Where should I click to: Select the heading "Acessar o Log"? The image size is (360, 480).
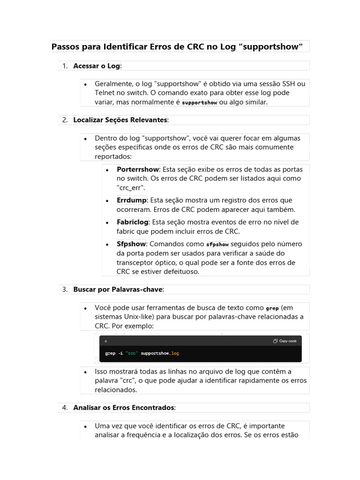click(x=97, y=66)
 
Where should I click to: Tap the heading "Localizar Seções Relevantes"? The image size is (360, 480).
click(x=120, y=120)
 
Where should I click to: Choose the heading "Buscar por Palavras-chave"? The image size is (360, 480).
click(x=118, y=290)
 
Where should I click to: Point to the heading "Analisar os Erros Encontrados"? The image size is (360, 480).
click(x=124, y=408)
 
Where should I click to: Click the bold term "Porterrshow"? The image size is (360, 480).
click(x=138, y=169)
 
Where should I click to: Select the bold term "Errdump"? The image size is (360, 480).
click(x=131, y=200)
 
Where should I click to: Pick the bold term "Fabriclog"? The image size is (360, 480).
click(x=132, y=222)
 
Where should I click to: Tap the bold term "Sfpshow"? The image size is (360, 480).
click(x=131, y=244)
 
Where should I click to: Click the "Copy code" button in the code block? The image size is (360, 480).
click(x=285, y=341)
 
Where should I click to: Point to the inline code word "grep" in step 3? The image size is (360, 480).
click(x=272, y=308)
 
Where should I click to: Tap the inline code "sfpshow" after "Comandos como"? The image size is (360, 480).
click(x=217, y=244)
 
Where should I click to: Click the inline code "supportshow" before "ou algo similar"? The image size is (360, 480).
click(x=199, y=103)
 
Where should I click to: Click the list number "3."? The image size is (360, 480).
click(x=65, y=290)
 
